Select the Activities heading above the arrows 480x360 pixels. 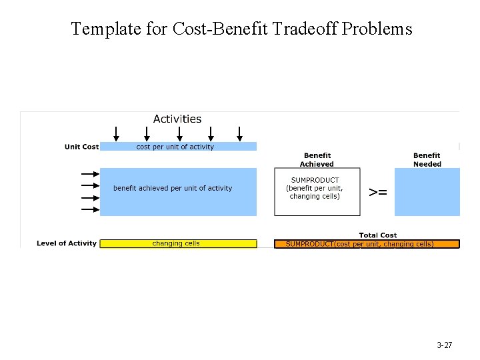pos(177,119)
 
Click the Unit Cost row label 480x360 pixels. pos(81,147)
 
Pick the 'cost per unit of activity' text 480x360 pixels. pos(175,147)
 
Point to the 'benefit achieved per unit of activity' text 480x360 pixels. pos(173,188)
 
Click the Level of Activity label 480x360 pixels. pos(67,243)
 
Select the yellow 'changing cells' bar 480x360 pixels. pos(177,243)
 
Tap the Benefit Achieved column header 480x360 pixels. pos(317,160)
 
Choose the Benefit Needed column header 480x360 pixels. pos(427,160)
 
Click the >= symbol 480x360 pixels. pos(378,192)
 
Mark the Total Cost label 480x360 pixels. pos(378,235)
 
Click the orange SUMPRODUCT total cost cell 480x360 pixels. pos(367,244)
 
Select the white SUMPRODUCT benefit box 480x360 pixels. pos(317,192)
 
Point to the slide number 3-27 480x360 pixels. pos(444,345)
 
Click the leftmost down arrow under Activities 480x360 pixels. pos(117,133)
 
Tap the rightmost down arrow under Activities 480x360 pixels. pos(239,133)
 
